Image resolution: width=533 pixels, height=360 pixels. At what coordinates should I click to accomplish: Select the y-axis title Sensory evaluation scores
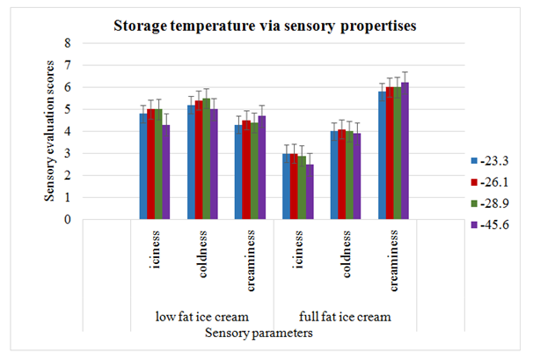[52, 130]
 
